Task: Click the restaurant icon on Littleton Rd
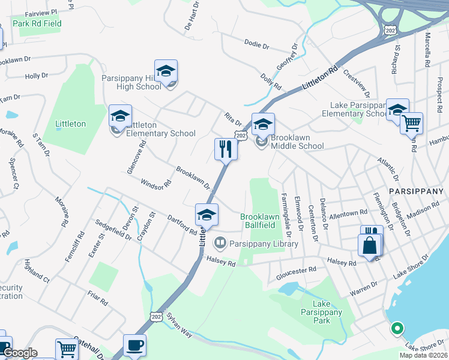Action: point(226,149)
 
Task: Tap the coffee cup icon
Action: point(134,346)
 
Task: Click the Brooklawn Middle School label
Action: point(297,142)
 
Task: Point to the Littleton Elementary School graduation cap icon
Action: point(120,115)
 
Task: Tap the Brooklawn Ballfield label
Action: point(260,221)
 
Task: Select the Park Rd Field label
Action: point(37,24)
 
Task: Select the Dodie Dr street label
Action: point(257,43)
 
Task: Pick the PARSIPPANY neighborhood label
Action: point(416,191)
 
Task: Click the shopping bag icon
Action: point(369,245)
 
